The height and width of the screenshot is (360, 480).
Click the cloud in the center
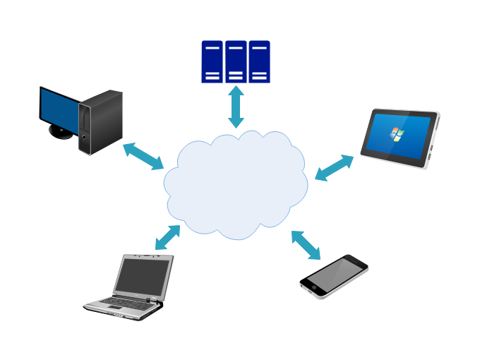point(236,184)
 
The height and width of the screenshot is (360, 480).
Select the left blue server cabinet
point(212,61)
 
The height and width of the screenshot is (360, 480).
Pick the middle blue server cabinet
point(236,61)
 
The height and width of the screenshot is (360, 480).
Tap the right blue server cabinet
point(259,61)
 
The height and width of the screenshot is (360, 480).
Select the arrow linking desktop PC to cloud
point(143,156)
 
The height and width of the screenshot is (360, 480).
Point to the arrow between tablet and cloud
point(334,168)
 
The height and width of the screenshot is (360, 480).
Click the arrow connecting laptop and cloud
point(167,237)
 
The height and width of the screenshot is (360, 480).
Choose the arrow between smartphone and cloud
point(306,245)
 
